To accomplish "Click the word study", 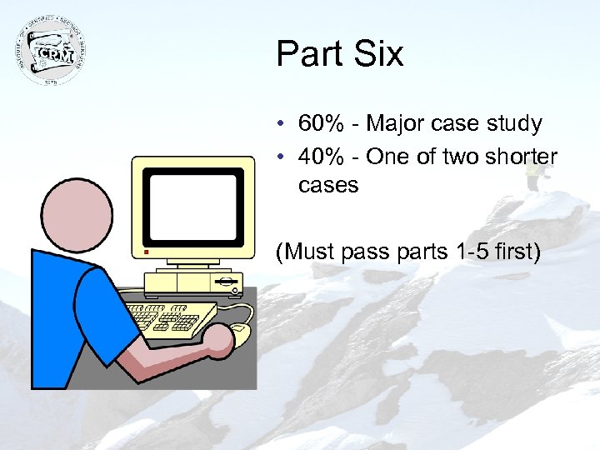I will (514, 124).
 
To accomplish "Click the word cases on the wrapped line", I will (327, 185).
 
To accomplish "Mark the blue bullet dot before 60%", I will (283, 125).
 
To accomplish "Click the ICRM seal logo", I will (52, 51).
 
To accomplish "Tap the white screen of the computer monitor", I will (193, 204).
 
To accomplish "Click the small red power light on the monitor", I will (144, 250).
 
